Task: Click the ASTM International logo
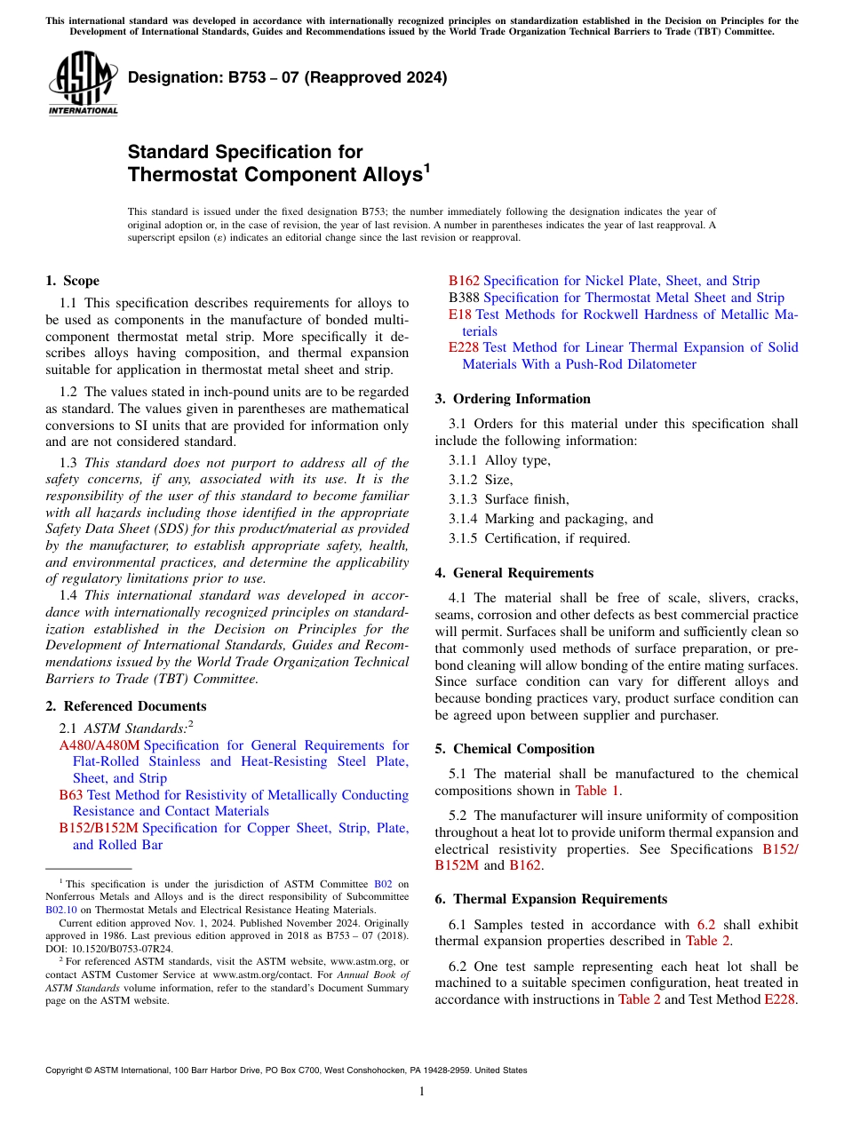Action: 83,84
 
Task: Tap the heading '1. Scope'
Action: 72,281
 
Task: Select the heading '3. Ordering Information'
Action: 513,399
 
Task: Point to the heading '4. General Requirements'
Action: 514,573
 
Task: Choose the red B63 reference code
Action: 71,795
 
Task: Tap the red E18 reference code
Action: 460,314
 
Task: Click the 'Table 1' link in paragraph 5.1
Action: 598,791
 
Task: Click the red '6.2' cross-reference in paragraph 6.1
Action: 706,925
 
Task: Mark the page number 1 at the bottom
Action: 422,1091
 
